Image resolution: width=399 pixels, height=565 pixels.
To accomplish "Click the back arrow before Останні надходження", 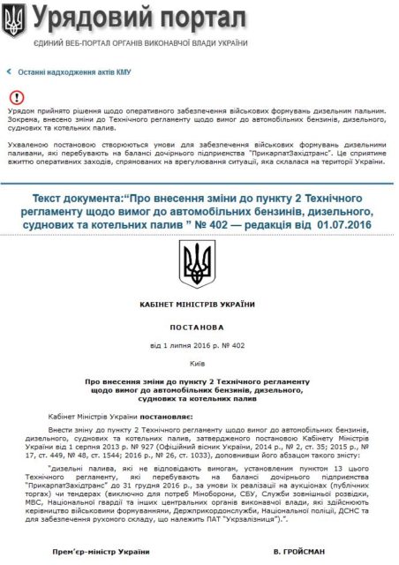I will coord(9,72).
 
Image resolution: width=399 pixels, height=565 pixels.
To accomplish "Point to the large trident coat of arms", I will coord(197,263).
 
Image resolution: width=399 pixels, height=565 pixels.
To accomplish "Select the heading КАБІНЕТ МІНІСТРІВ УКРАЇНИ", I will coord(198,304).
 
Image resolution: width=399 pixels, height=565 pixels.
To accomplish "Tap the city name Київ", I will coord(198,361).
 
